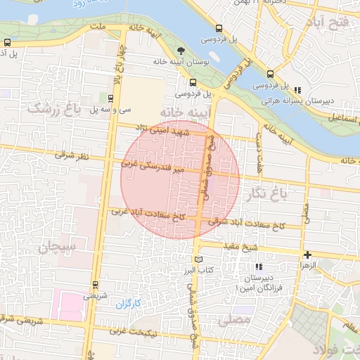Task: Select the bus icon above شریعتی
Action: tap(95, 285)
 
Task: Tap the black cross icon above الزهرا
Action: tap(307, 255)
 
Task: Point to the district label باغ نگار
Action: tap(264, 193)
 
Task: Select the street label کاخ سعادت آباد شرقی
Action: tap(250, 225)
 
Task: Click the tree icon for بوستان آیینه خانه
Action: tap(181, 51)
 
